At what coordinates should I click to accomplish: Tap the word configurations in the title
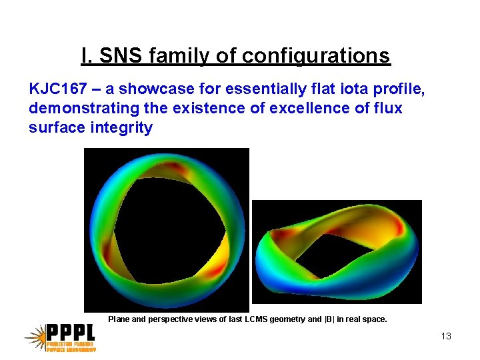(x=316, y=55)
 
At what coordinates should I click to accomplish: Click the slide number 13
(x=446, y=336)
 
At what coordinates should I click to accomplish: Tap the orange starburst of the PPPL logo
(x=35, y=337)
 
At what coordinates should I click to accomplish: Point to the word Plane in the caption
(x=119, y=319)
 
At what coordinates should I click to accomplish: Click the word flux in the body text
(x=389, y=108)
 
